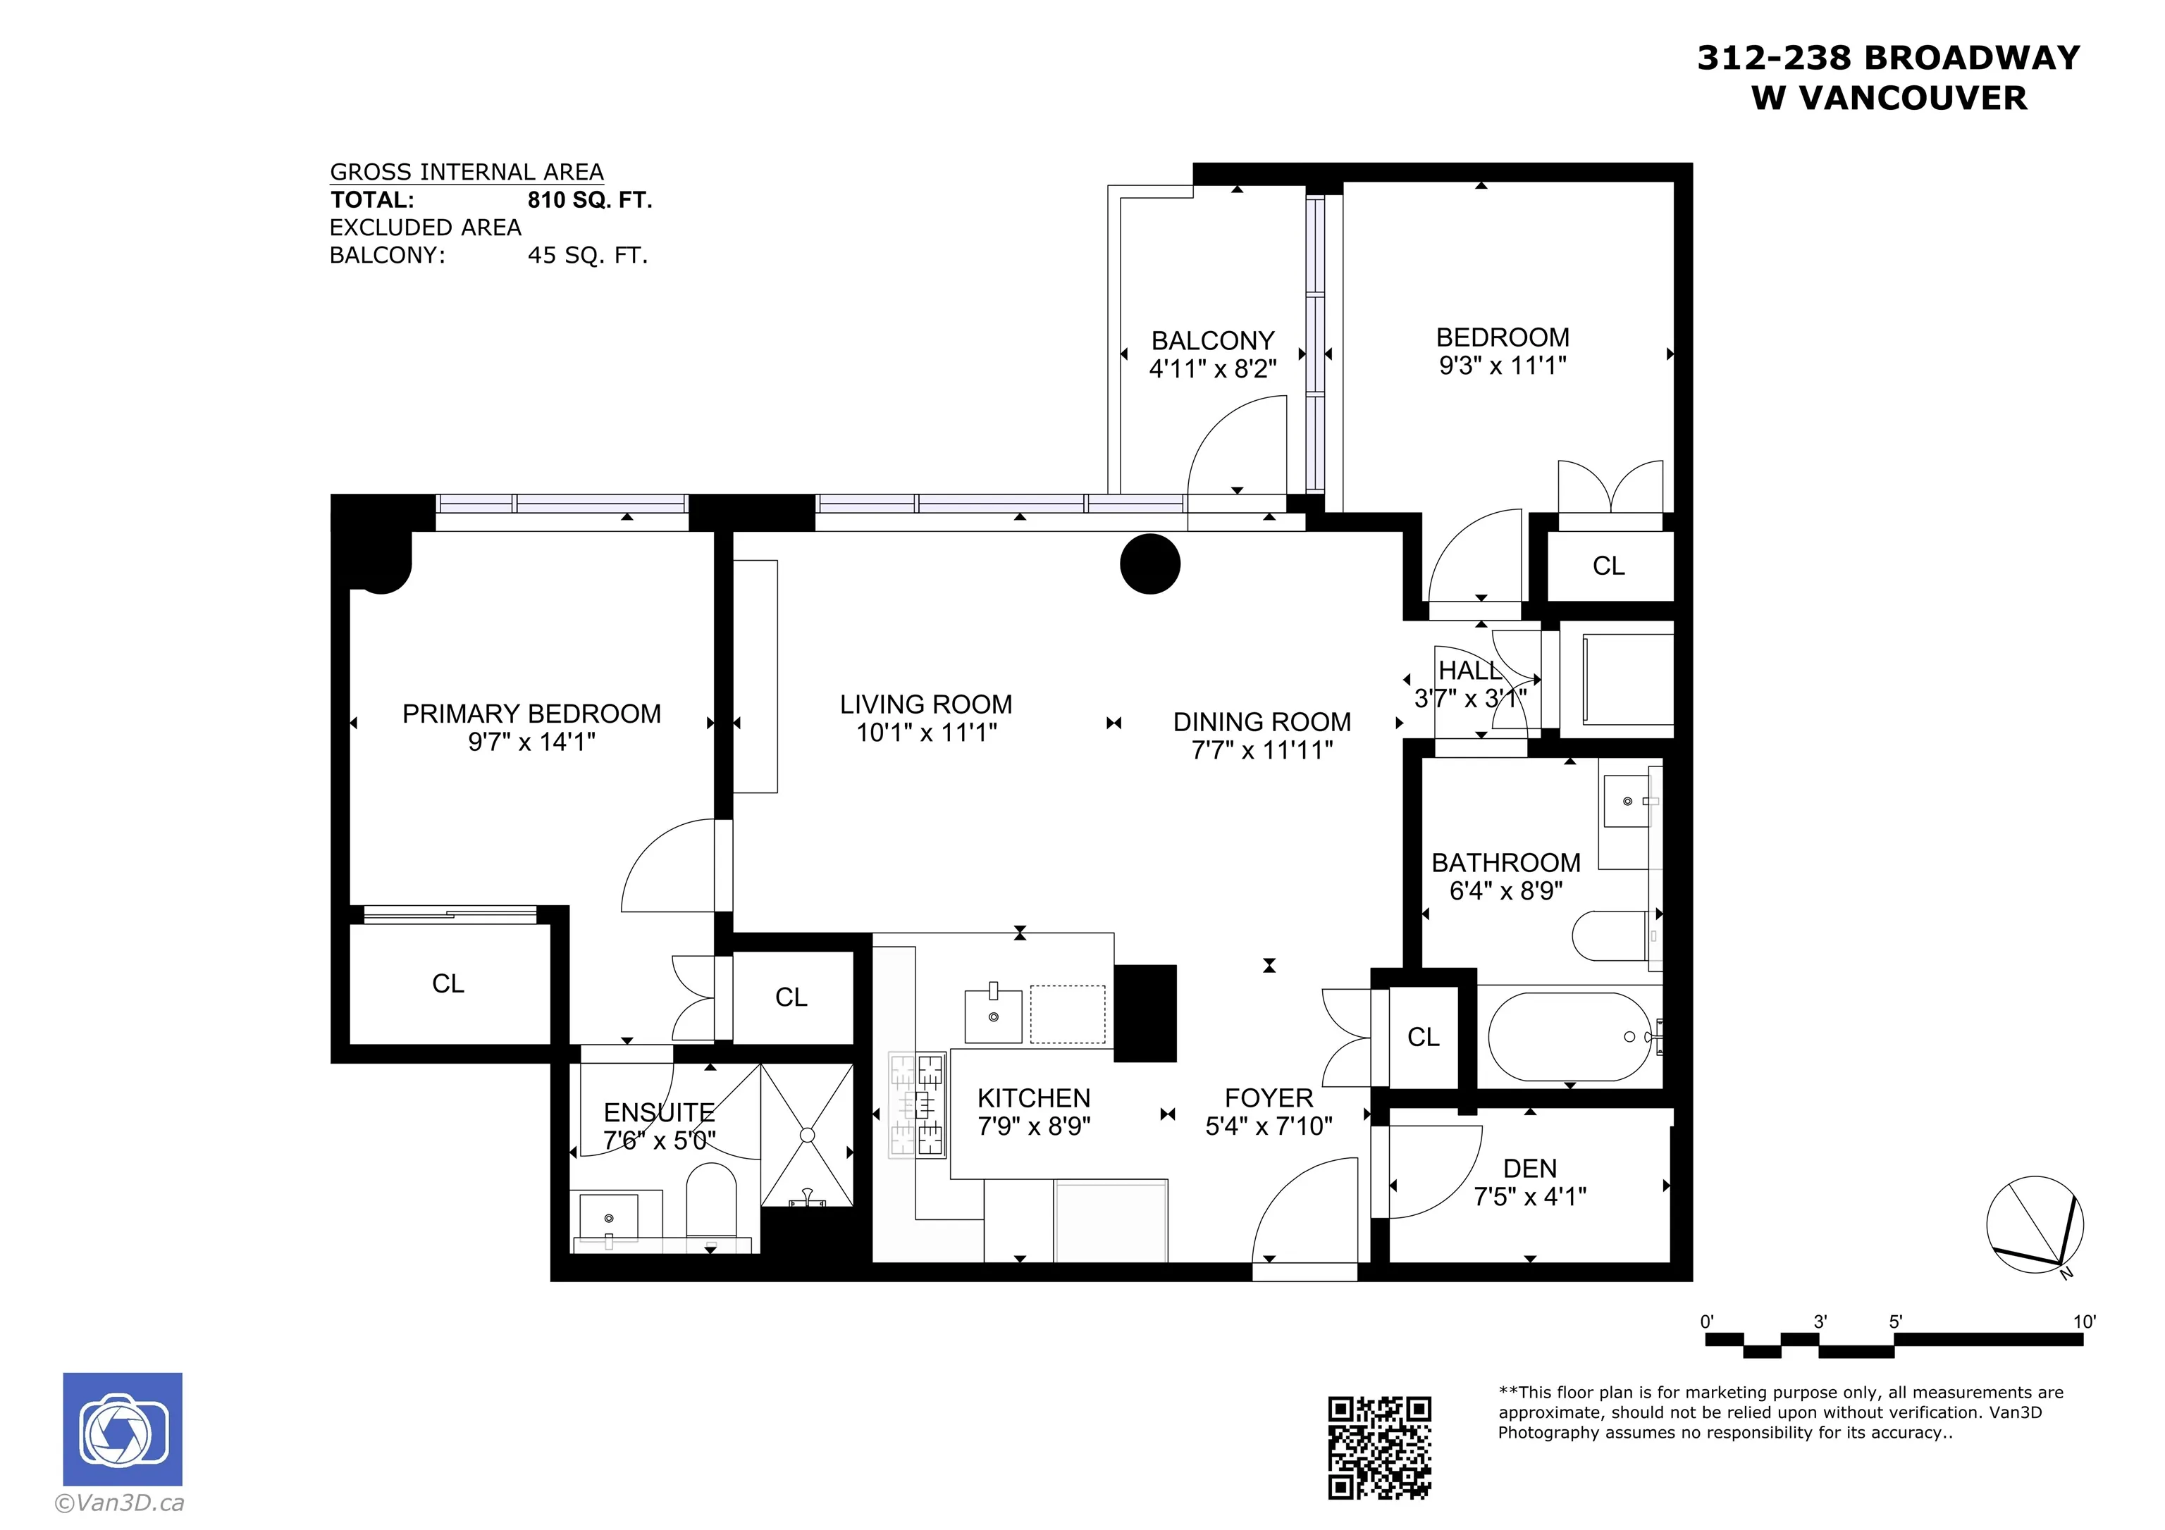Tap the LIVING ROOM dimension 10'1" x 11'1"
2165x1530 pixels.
click(926, 733)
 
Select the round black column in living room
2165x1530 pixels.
click(1149, 564)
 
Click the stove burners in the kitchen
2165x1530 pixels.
click(918, 1104)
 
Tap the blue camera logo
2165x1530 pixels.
click(123, 1429)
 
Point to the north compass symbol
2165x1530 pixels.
click(2034, 1224)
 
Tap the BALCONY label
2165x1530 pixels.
click(1213, 340)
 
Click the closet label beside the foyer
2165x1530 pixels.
click(1423, 1037)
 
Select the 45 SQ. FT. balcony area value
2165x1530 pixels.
click(588, 256)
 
